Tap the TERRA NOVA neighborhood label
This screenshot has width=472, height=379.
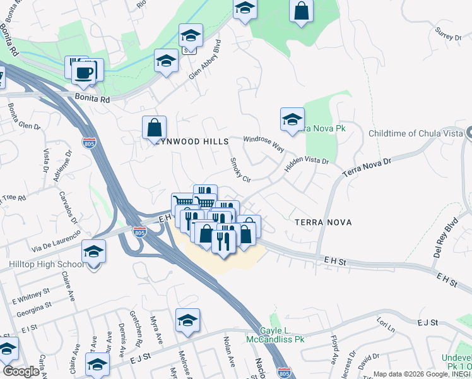[322, 222]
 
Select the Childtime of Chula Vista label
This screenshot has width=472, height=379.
[414, 133]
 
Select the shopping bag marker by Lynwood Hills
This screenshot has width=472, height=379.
[154, 128]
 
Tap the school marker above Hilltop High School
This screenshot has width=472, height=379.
[93, 251]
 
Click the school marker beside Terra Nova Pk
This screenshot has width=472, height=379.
[292, 119]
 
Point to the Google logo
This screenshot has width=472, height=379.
[21, 371]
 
